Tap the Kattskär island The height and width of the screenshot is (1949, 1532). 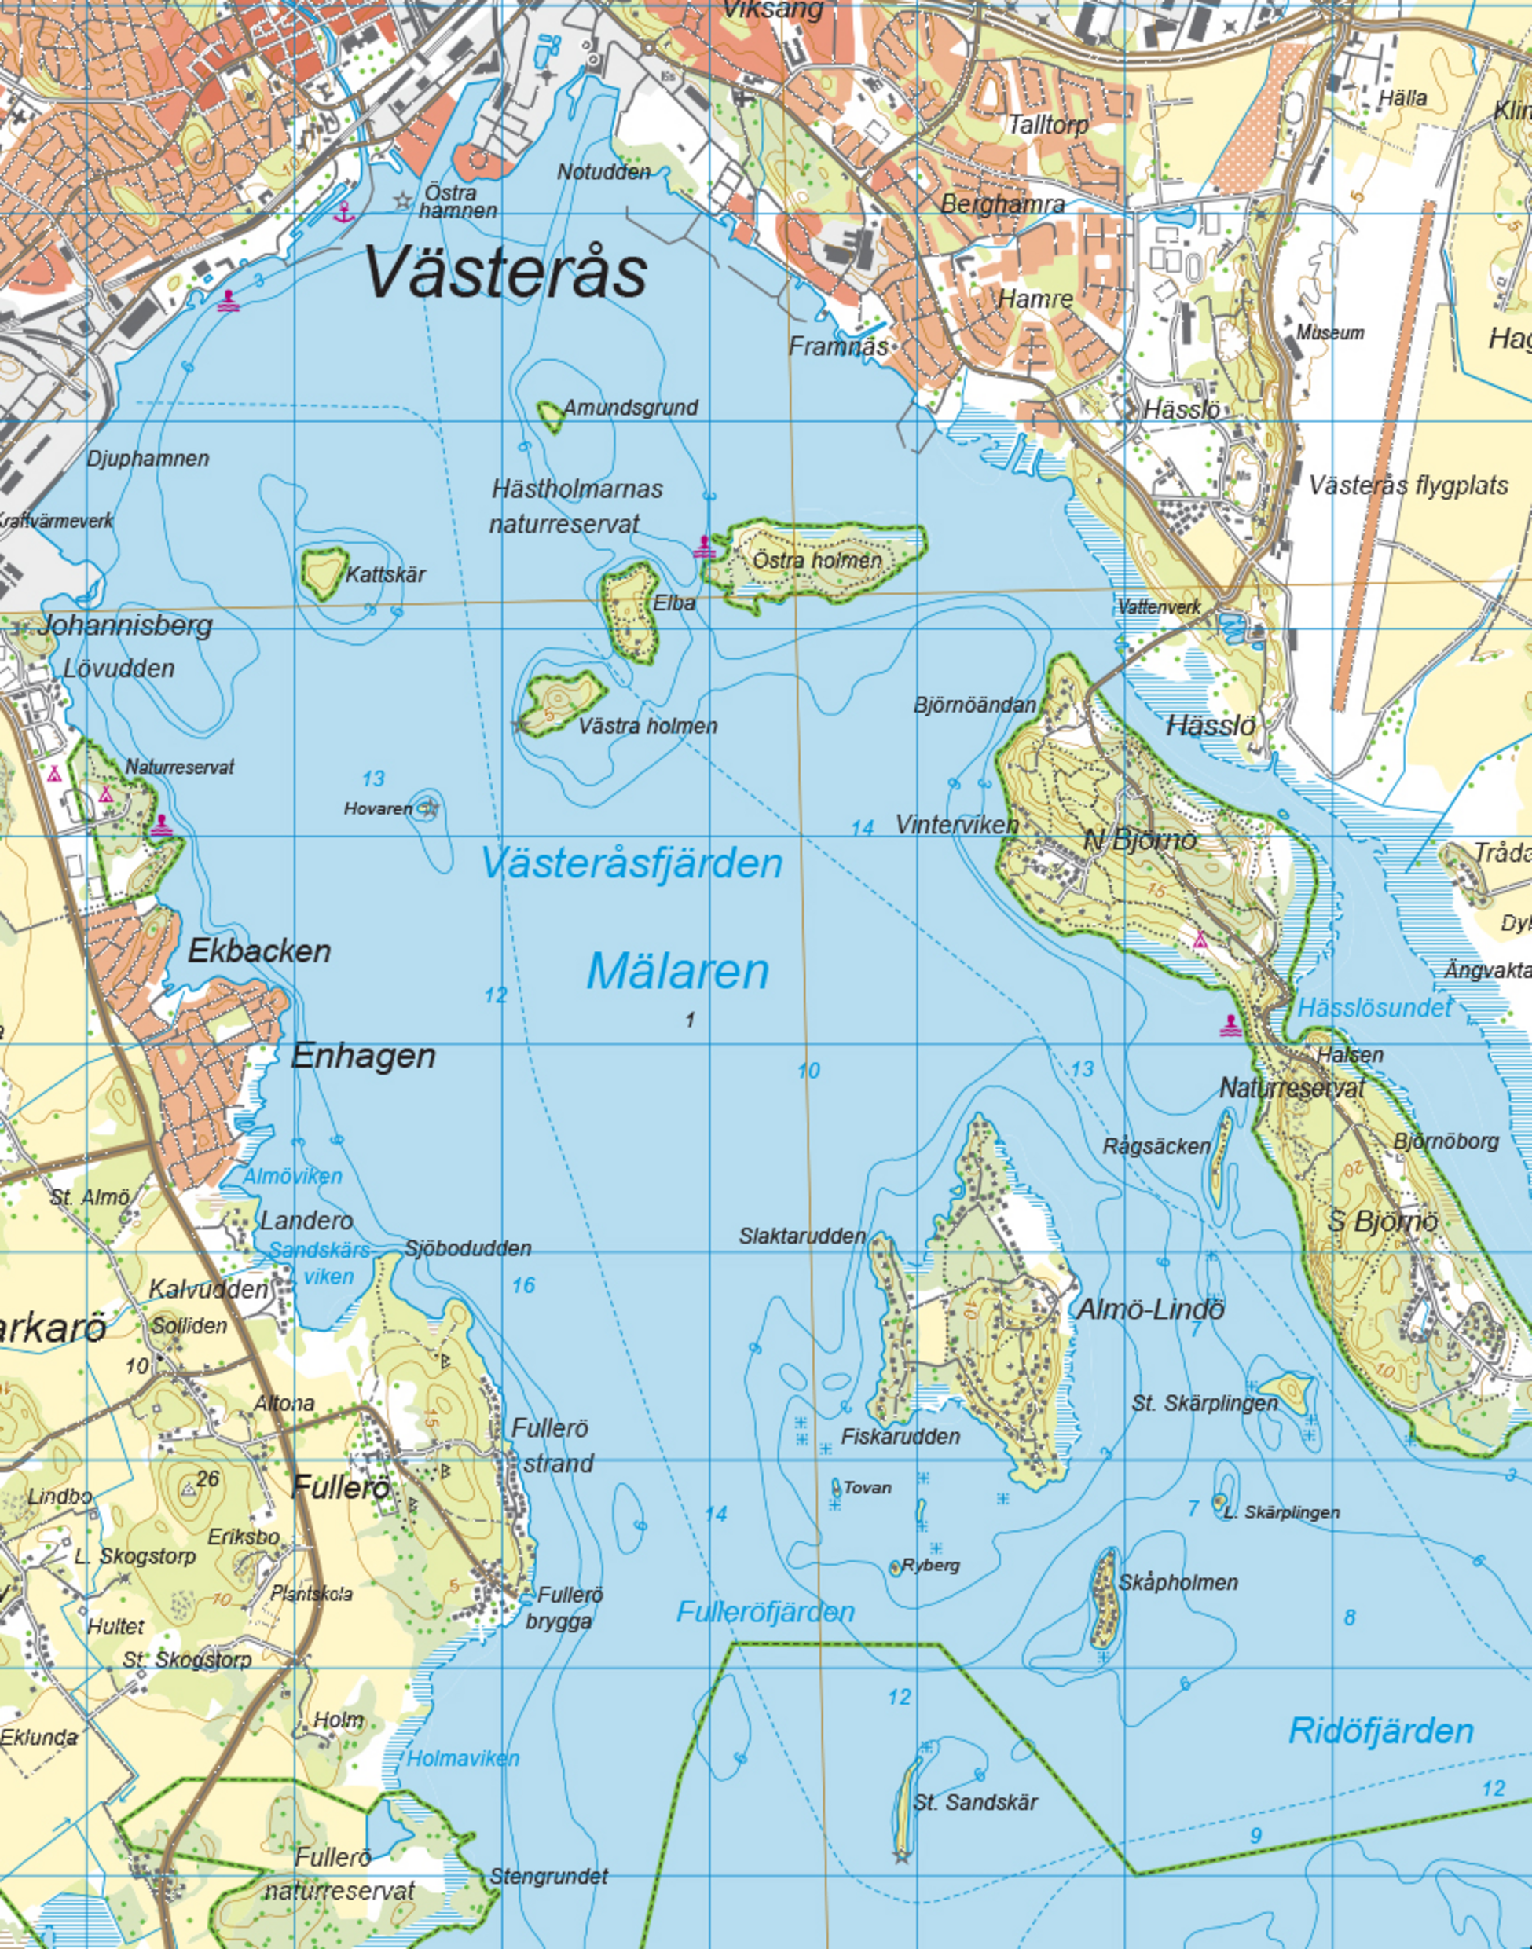[x=323, y=572]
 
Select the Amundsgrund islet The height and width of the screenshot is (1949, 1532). [x=549, y=416]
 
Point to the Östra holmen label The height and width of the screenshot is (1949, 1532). [x=816, y=561]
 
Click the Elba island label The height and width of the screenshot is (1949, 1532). [x=673, y=603]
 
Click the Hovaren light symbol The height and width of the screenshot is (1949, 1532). [x=429, y=808]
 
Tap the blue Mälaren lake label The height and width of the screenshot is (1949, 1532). [x=678, y=972]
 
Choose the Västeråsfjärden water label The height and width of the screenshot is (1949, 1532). [x=632, y=863]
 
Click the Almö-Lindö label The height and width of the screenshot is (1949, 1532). [x=1150, y=1309]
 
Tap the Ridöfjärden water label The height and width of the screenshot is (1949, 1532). [x=1380, y=1730]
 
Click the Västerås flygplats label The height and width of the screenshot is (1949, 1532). [x=1408, y=486]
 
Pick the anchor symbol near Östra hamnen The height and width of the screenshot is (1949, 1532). [x=343, y=213]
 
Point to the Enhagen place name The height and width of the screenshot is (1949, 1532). [x=363, y=1056]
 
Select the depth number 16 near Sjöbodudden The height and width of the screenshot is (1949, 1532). [x=523, y=1285]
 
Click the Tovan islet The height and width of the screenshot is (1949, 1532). [x=837, y=1487]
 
